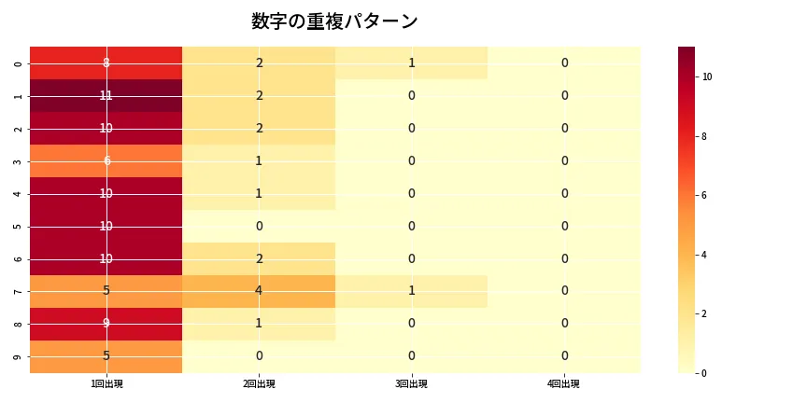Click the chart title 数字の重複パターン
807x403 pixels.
coord(334,21)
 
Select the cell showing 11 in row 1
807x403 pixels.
coord(106,95)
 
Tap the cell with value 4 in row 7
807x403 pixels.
coord(259,291)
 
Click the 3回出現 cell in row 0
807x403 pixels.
coord(411,63)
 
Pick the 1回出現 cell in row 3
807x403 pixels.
coord(106,160)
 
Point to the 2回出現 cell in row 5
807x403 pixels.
coord(259,226)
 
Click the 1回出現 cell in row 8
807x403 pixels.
coord(106,324)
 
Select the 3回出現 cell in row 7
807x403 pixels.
coord(411,291)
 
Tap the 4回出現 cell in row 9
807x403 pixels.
coord(564,356)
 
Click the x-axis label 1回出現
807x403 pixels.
coord(106,384)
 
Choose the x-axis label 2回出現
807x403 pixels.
coord(259,384)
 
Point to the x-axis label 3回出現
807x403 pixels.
coord(411,384)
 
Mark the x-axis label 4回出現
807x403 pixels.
coord(564,384)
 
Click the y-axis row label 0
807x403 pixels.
coord(19,63)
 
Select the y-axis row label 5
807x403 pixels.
coord(19,226)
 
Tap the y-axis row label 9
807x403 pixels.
coord(19,356)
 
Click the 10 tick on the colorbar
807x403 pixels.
coord(707,76)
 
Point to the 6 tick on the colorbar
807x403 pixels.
coord(705,195)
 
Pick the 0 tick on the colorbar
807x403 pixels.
coord(705,372)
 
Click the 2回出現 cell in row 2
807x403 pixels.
coord(259,128)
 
